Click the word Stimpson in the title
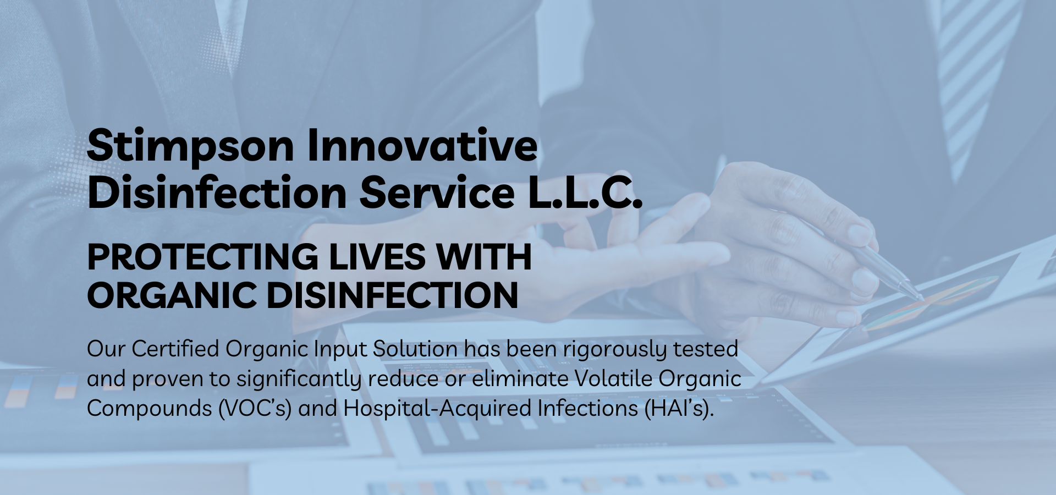190,146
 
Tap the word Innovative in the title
422,145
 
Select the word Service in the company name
437,193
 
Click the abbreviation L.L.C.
585,193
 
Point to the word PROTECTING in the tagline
203,257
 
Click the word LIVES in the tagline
377,257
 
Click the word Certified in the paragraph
175,349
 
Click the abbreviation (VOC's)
255,409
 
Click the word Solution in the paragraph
415,349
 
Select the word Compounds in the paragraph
150,409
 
